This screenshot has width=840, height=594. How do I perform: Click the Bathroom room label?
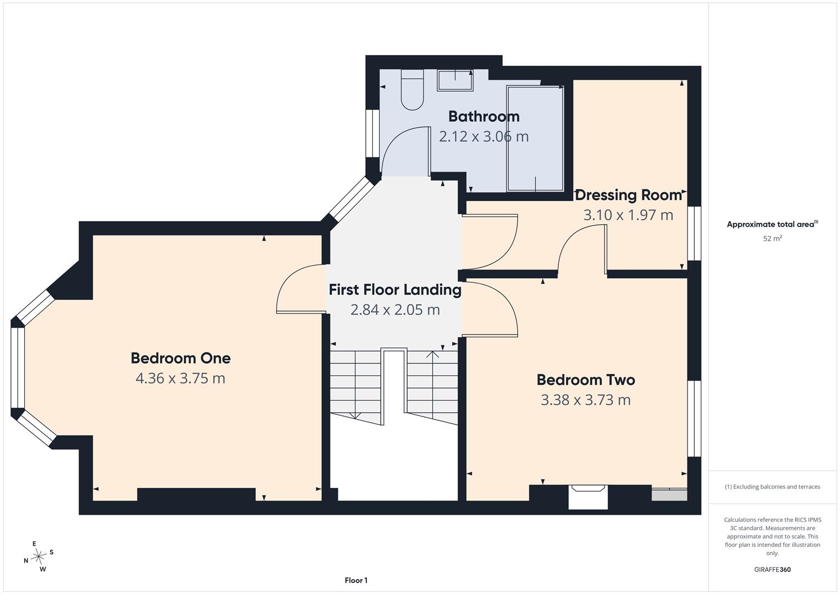click(x=484, y=117)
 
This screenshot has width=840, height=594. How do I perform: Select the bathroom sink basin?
click(x=455, y=80)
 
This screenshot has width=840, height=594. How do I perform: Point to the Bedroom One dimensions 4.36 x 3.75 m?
click(x=180, y=378)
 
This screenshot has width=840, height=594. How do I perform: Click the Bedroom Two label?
click(x=586, y=380)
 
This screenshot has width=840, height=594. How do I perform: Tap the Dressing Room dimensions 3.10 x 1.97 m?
click(x=628, y=215)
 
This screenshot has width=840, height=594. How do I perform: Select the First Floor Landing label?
click(x=395, y=290)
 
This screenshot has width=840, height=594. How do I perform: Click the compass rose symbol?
click(x=39, y=557)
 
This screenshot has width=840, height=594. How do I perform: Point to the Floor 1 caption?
click(x=356, y=580)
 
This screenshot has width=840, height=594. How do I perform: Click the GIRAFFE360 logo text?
click(x=772, y=569)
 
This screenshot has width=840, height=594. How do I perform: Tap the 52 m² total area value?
click(x=772, y=238)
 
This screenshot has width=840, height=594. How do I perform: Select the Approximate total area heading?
click(x=772, y=224)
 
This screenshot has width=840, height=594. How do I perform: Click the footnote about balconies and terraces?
click(x=772, y=487)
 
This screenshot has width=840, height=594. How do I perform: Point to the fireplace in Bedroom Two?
click(x=588, y=497)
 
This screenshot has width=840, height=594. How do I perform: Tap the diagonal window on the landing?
click(x=351, y=199)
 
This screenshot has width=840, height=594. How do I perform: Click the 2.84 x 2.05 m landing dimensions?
click(x=395, y=310)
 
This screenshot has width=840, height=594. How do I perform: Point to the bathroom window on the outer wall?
click(x=372, y=133)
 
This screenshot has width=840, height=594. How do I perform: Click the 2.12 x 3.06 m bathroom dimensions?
click(x=484, y=136)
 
